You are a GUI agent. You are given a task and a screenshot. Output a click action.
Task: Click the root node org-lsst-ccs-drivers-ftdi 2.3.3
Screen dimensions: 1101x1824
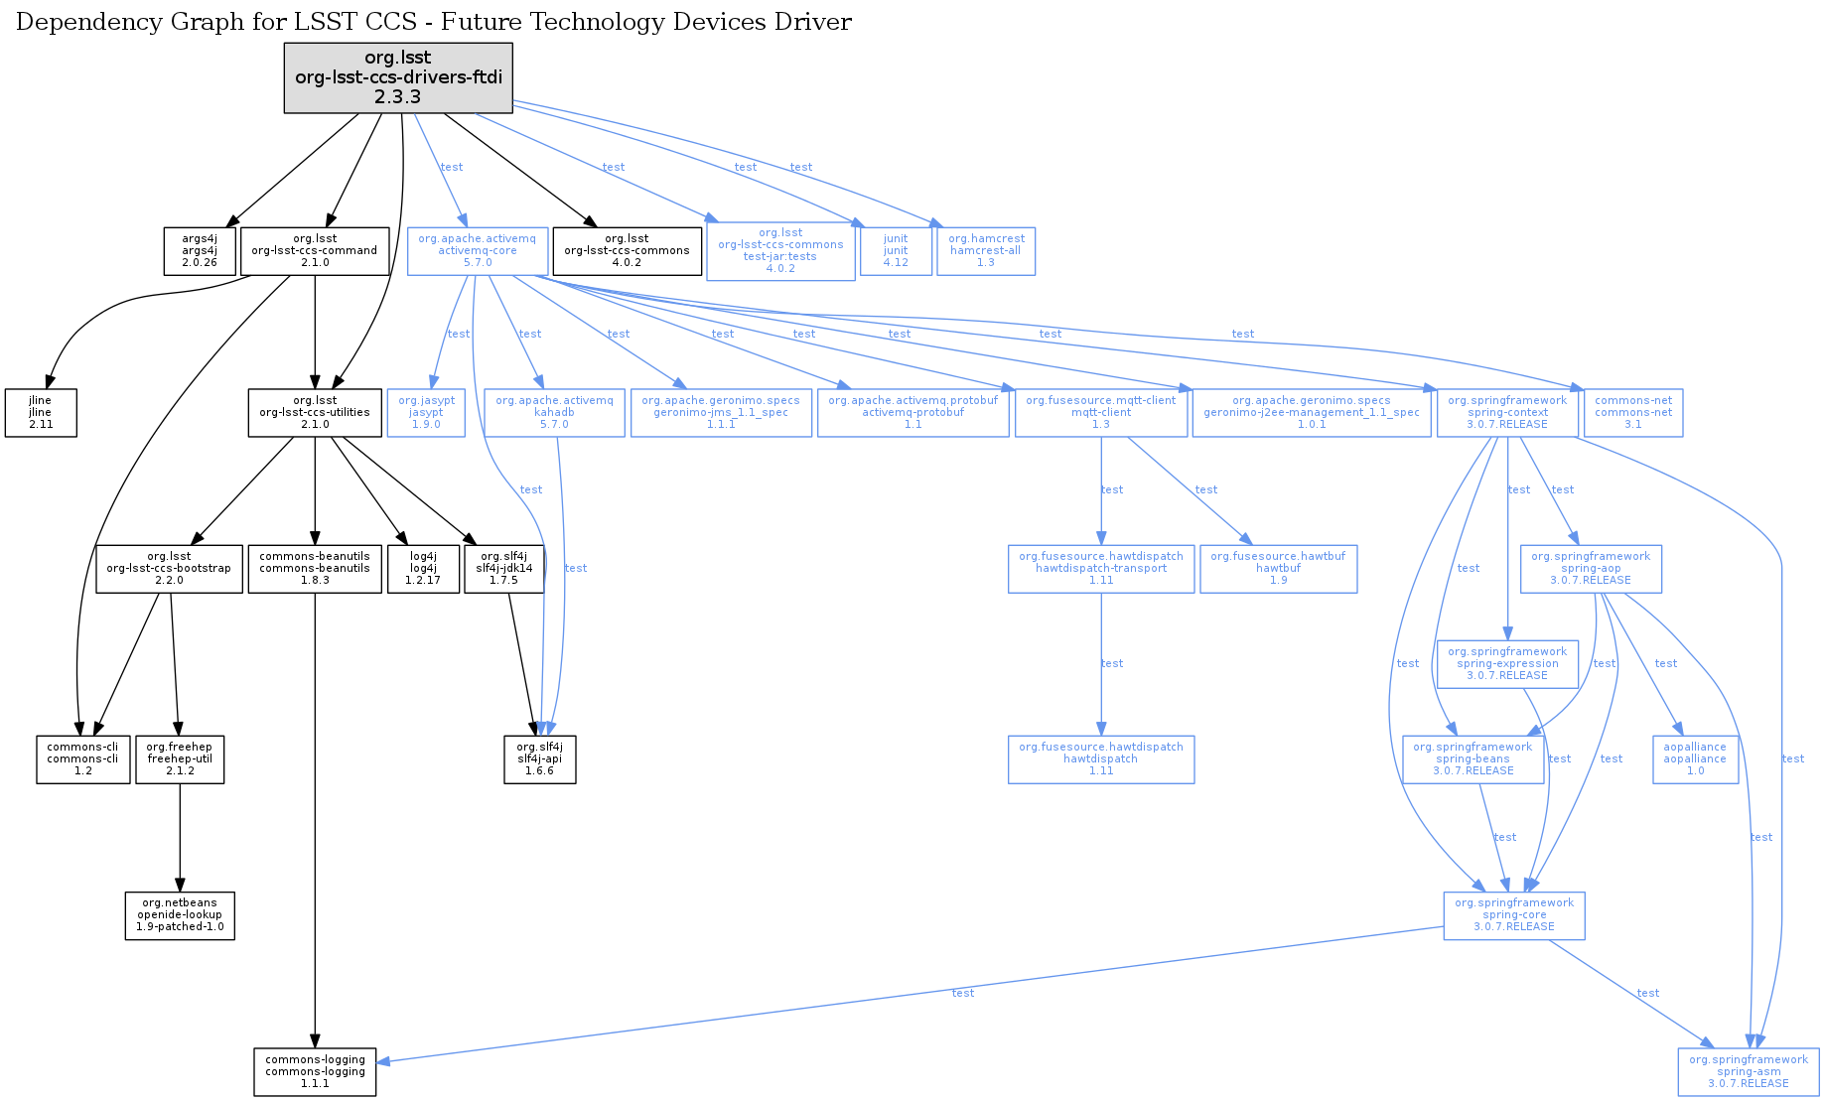tap(398, 77)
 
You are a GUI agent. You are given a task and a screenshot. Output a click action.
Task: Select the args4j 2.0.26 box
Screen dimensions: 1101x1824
tap(200, 251)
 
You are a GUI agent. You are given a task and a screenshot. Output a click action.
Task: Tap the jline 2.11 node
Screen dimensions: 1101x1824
tap(40, 412)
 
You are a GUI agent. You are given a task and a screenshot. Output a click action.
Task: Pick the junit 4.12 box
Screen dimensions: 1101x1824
tap(896, 251)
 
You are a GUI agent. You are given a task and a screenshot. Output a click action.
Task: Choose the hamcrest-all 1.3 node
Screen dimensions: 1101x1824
tap(986, 251)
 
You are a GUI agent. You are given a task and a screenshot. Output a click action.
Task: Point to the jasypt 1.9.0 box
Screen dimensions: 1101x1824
tap(426, 412)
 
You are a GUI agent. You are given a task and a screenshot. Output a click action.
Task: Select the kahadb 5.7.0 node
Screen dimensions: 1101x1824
tap(554, 412)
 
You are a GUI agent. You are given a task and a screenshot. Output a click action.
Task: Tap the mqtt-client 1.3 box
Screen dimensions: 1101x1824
tap(1100, 412)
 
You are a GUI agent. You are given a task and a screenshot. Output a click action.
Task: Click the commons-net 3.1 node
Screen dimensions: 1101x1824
tap(1633, 412)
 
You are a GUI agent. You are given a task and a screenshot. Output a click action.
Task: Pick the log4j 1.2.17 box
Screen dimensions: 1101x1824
tap(423, 569)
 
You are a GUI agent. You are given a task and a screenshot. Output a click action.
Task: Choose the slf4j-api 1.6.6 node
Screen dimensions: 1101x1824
tap(539, 759)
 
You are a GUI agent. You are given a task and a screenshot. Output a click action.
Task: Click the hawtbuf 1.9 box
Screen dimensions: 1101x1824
tap(1278, 569)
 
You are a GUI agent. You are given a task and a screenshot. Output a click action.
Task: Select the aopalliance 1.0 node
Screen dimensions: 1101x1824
tap(1695, 759)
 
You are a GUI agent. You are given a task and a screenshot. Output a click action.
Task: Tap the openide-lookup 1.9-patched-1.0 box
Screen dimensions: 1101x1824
tap(180, 915)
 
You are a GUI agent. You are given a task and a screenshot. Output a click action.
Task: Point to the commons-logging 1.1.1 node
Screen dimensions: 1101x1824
tap(315, 1072)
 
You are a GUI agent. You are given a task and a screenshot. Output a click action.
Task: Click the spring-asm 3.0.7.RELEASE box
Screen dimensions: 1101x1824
tap(1749, 1072)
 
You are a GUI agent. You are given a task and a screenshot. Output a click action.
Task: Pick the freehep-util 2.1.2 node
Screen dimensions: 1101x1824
tap(180, 759)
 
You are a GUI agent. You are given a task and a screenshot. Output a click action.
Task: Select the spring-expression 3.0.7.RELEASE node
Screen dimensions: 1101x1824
tap(1507, 664)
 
